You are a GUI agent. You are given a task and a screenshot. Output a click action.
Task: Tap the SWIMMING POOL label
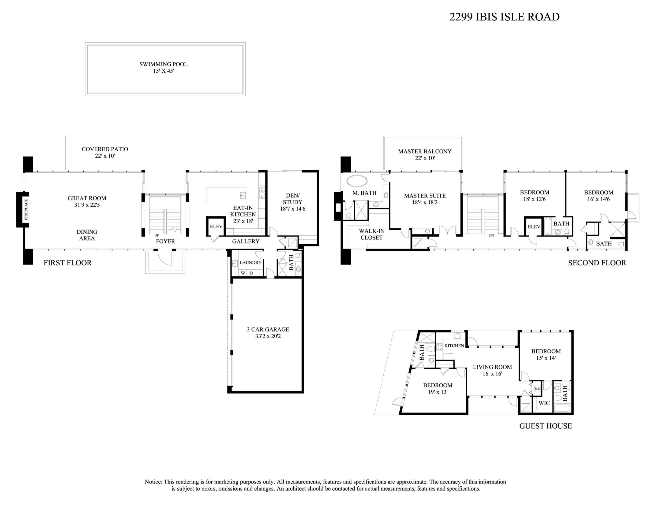coord(163,64)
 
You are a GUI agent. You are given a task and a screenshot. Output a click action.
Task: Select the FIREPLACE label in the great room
coord(26,209)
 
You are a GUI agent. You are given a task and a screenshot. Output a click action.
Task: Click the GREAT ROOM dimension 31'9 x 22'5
coord(87,205)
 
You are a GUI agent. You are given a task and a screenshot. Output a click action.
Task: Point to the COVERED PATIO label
coord(105,149)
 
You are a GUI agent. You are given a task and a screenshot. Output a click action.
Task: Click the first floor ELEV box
coord(216,227)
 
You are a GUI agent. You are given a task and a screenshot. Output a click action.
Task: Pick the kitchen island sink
coord(243,195)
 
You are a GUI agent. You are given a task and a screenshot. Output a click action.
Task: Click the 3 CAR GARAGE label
coord(268,329)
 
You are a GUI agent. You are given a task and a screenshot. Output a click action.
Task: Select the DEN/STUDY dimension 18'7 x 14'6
coord(292,209)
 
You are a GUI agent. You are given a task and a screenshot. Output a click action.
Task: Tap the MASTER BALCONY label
coord(425,151)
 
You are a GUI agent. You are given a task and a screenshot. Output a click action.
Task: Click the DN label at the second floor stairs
coord(491,236)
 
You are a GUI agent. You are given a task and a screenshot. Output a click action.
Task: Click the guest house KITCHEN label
coord(454,346)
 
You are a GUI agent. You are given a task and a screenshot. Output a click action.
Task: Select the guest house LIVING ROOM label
coord(492,367)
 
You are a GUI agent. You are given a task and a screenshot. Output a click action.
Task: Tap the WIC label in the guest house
coord(544,403)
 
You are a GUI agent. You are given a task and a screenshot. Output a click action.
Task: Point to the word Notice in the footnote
coord(153,482)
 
